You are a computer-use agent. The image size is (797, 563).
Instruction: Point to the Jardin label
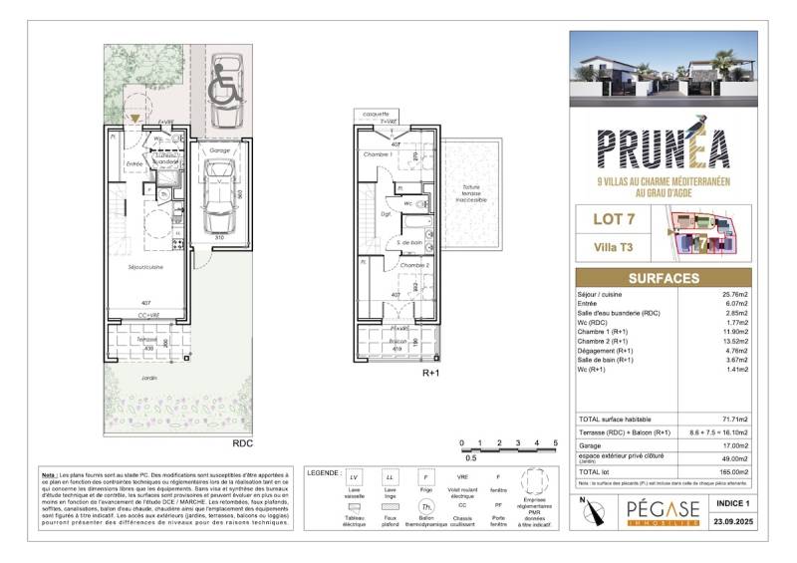pyautogui.click(x=148, y=378)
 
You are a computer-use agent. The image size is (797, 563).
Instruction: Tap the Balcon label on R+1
pyautogui.click(x=398, y=340)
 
